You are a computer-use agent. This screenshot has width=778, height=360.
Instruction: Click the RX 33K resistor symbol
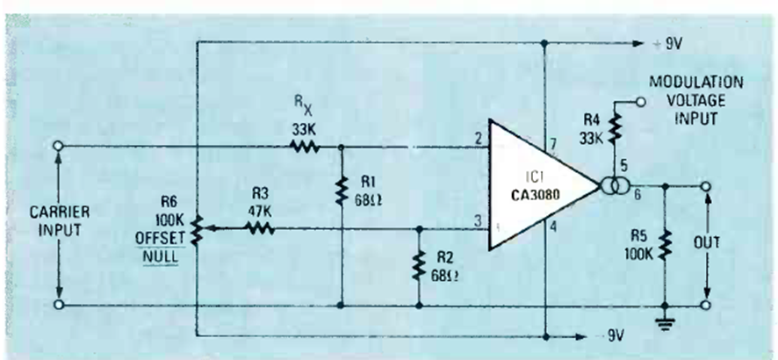[305, 147]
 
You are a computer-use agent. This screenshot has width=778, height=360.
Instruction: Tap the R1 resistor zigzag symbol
[341, 191]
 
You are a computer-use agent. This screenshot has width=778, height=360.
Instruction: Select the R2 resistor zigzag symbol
[419, 265]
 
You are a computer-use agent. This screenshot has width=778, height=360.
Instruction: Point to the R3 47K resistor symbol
[259, 228]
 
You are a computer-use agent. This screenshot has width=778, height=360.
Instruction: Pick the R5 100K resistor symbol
[665, 245]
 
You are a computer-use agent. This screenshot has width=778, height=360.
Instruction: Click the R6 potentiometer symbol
[198, 229]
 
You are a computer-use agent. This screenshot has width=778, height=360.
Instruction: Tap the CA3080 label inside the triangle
[535, 195]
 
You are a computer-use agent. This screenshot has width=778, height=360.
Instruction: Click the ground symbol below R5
[665, 324]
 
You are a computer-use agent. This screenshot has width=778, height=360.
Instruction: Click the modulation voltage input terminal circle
[640, 102]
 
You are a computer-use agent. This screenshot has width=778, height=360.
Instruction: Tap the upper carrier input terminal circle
[59, 147]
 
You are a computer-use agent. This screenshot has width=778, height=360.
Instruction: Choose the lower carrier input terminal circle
[59, 305]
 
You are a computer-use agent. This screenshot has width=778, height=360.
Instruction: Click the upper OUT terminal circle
[706, 186]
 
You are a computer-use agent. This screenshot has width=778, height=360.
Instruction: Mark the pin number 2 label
[477, 140]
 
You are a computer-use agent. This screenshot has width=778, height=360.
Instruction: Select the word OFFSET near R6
[160, 237]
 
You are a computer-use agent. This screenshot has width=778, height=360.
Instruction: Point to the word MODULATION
[696, 82]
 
